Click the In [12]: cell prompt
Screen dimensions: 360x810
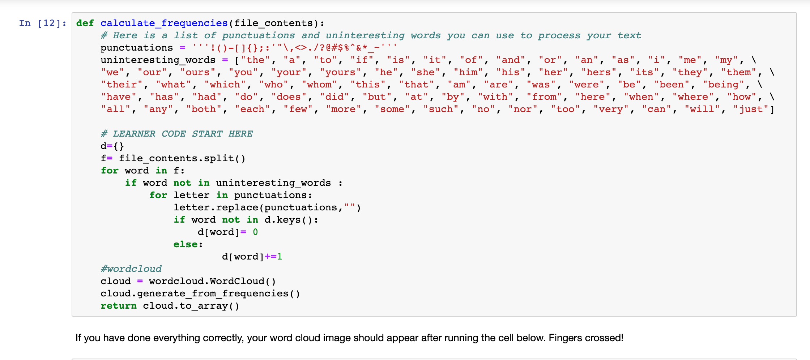coord(43,23)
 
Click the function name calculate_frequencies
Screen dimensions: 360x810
coord(164,23)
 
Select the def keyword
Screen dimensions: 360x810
coord(85,23)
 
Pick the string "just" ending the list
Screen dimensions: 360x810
coord(751,109)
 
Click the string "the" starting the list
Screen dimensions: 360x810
coord(255,60)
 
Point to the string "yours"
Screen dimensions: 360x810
coord(340,72)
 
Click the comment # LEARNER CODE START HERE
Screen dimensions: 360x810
coord(176,134)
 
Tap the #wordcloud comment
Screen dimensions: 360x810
coord(131,269)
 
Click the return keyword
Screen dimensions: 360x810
coord(119,306)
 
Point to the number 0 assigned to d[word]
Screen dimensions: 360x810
coord(255,232)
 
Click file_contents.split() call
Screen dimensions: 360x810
coord(182,158)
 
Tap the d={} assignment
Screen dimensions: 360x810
coord(112,146)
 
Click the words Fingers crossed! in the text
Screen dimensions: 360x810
coord(586,338)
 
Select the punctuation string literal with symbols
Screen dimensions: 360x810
coord(295,48)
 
